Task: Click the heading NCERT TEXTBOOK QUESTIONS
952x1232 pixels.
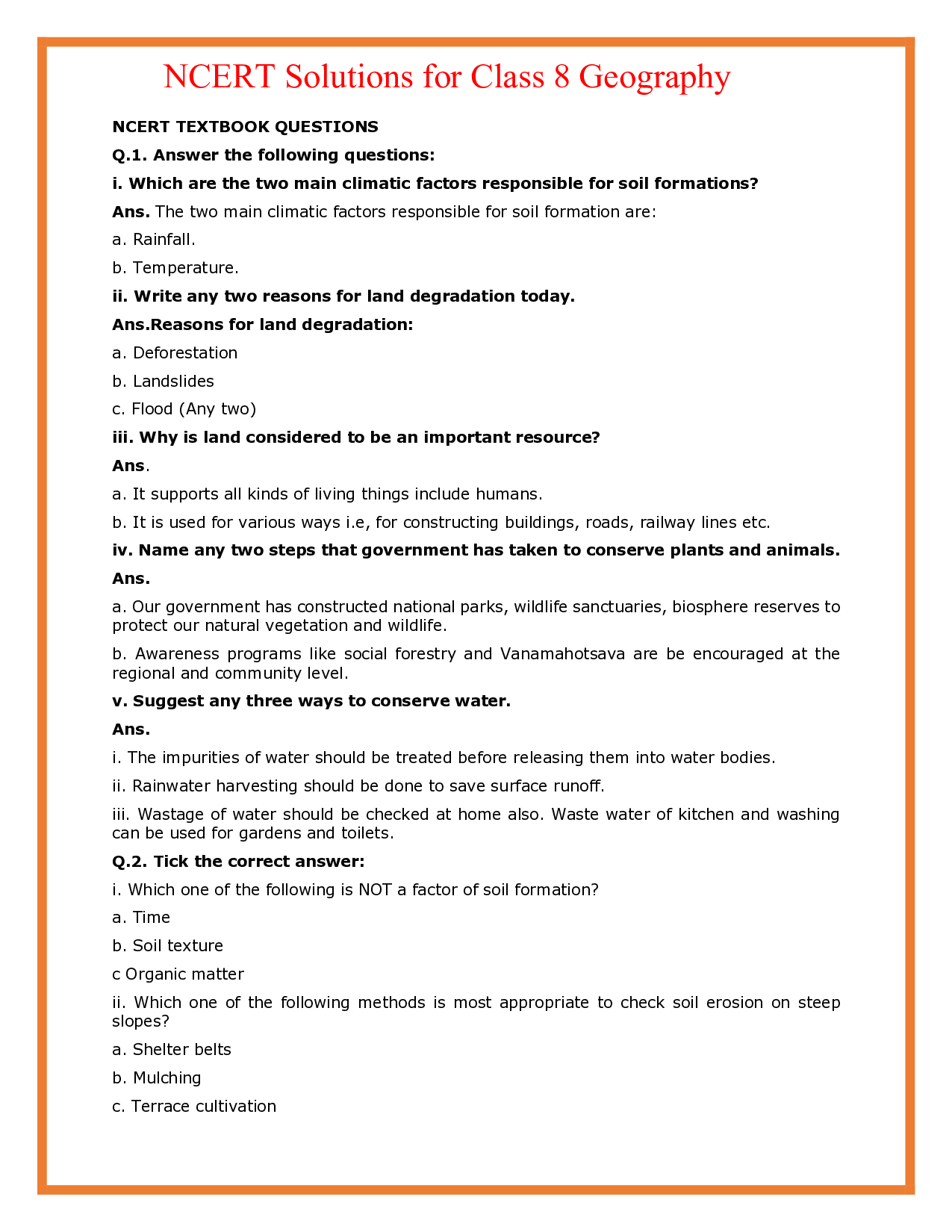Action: click(x=245, y=127)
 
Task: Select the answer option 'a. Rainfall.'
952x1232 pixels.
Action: click(x=154, y=240)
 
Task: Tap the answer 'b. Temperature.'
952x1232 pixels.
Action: click(x=175, y=268)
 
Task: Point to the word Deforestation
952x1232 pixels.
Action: click(x=185, y=353)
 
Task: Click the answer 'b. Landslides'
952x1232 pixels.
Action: click(x=163, y=382)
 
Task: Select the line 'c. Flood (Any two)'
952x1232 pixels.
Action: click(x=184, y=409)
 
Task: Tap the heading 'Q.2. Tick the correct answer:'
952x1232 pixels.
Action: click(x=238, y=862)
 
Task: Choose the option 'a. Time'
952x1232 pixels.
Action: click(x=141, y=918)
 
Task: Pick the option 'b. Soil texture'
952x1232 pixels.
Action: click(x=167, y=946)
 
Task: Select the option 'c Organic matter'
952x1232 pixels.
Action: click(x=178, y=974)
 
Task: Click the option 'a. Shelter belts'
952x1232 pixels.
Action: click(x=172, y=1050)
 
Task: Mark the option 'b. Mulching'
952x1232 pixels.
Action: click(x=157, y=1078)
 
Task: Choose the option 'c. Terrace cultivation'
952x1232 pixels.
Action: click(x=194, y=1107)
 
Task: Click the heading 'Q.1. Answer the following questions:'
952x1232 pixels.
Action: click(x=273, y=155)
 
